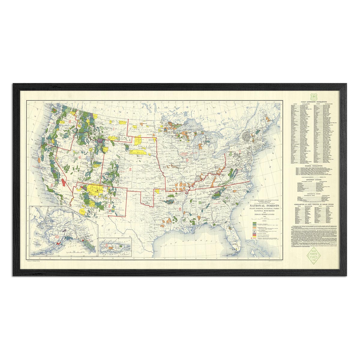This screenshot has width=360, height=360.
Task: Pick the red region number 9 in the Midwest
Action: (187, 161)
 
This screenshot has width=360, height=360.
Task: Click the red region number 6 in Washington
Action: (70, 121)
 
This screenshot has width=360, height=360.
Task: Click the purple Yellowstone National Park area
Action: (100, 140)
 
